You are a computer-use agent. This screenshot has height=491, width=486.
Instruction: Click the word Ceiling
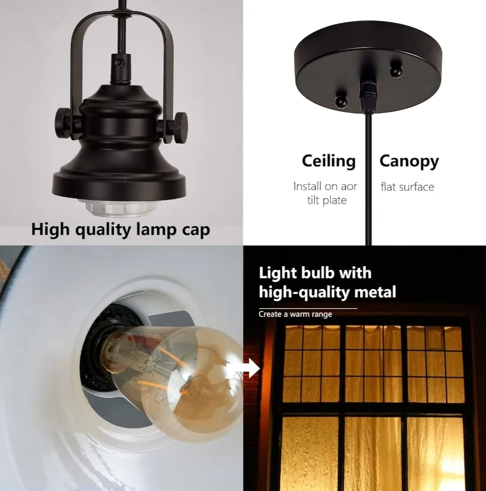coord(328,161)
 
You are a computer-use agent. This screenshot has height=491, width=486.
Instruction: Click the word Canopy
coord(409,161)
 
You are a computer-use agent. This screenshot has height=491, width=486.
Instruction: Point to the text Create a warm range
coord(295,314)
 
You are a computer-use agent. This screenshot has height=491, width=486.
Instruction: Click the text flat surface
coord(407,186)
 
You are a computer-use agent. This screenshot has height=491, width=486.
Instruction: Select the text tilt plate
coord(327,200)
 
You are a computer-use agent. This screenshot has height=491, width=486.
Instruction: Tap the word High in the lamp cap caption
coord(50,230)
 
